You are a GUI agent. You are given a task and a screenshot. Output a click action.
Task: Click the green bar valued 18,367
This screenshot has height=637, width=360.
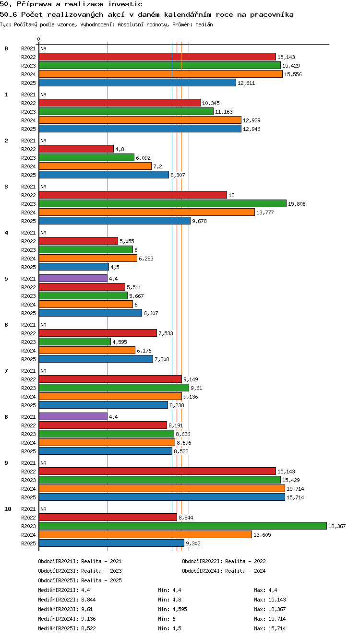pyautogui.click(x=183, y=526)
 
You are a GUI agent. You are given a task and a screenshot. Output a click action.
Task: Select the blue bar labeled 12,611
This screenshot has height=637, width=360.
pyautogui.click(x=137, y=83)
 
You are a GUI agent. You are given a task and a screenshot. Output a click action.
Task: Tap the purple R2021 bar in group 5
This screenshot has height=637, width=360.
pyautogui.click(x=73, y=278)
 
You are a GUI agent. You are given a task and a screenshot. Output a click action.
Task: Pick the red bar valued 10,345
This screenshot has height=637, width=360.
pyautogui.click(x=120, y=103)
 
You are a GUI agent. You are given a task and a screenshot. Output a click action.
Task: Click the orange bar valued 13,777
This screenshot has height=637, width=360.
pyautogui.click(x=147, y=212)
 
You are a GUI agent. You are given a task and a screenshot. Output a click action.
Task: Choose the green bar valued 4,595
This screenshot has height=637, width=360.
pyautogui.click(x=75, y=342)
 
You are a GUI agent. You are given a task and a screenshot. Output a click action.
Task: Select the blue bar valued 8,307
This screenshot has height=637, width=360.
pyautogui.click(x=104, y=175)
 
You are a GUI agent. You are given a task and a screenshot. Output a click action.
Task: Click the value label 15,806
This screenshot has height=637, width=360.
pyautogui.click(x=297, y=204)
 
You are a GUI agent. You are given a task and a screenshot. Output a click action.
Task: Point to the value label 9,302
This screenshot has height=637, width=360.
pyautogui.click(x=193, y=543)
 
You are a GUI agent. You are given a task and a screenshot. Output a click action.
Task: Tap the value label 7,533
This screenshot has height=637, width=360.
pyautogui.click(x=166, y=333)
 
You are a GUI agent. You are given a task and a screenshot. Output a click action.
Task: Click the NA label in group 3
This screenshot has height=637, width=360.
pyautogui.click(x=43, y=187)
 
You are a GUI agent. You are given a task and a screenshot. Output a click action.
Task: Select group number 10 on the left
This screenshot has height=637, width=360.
pyautogui.click(x=8, y=509)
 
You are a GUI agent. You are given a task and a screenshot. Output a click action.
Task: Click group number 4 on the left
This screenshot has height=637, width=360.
pyautogui.click(x=6, y=233)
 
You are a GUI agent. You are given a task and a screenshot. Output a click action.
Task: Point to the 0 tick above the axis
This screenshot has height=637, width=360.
pyautogui.click(x=39, y=39)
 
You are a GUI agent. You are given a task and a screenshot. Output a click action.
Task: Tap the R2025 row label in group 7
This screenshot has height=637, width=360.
pyautogui.click(x=28, y=405)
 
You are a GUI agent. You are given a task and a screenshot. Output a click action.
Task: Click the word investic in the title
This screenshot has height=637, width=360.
pyautogui.click(x=125, y=4)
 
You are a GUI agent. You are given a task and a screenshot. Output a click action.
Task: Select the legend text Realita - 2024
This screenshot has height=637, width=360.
pyautogui.click(x=245, y=571)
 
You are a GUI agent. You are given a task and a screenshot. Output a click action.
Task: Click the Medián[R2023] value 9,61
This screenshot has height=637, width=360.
pyautogui.click(x=87, y=609)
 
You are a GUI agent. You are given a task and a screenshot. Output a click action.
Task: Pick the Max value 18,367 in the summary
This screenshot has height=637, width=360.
pyautogui.click(x=277, y=609)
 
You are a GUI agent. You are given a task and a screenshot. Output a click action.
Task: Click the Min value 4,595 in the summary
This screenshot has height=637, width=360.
pyautogui.click(x=180, y=609)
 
